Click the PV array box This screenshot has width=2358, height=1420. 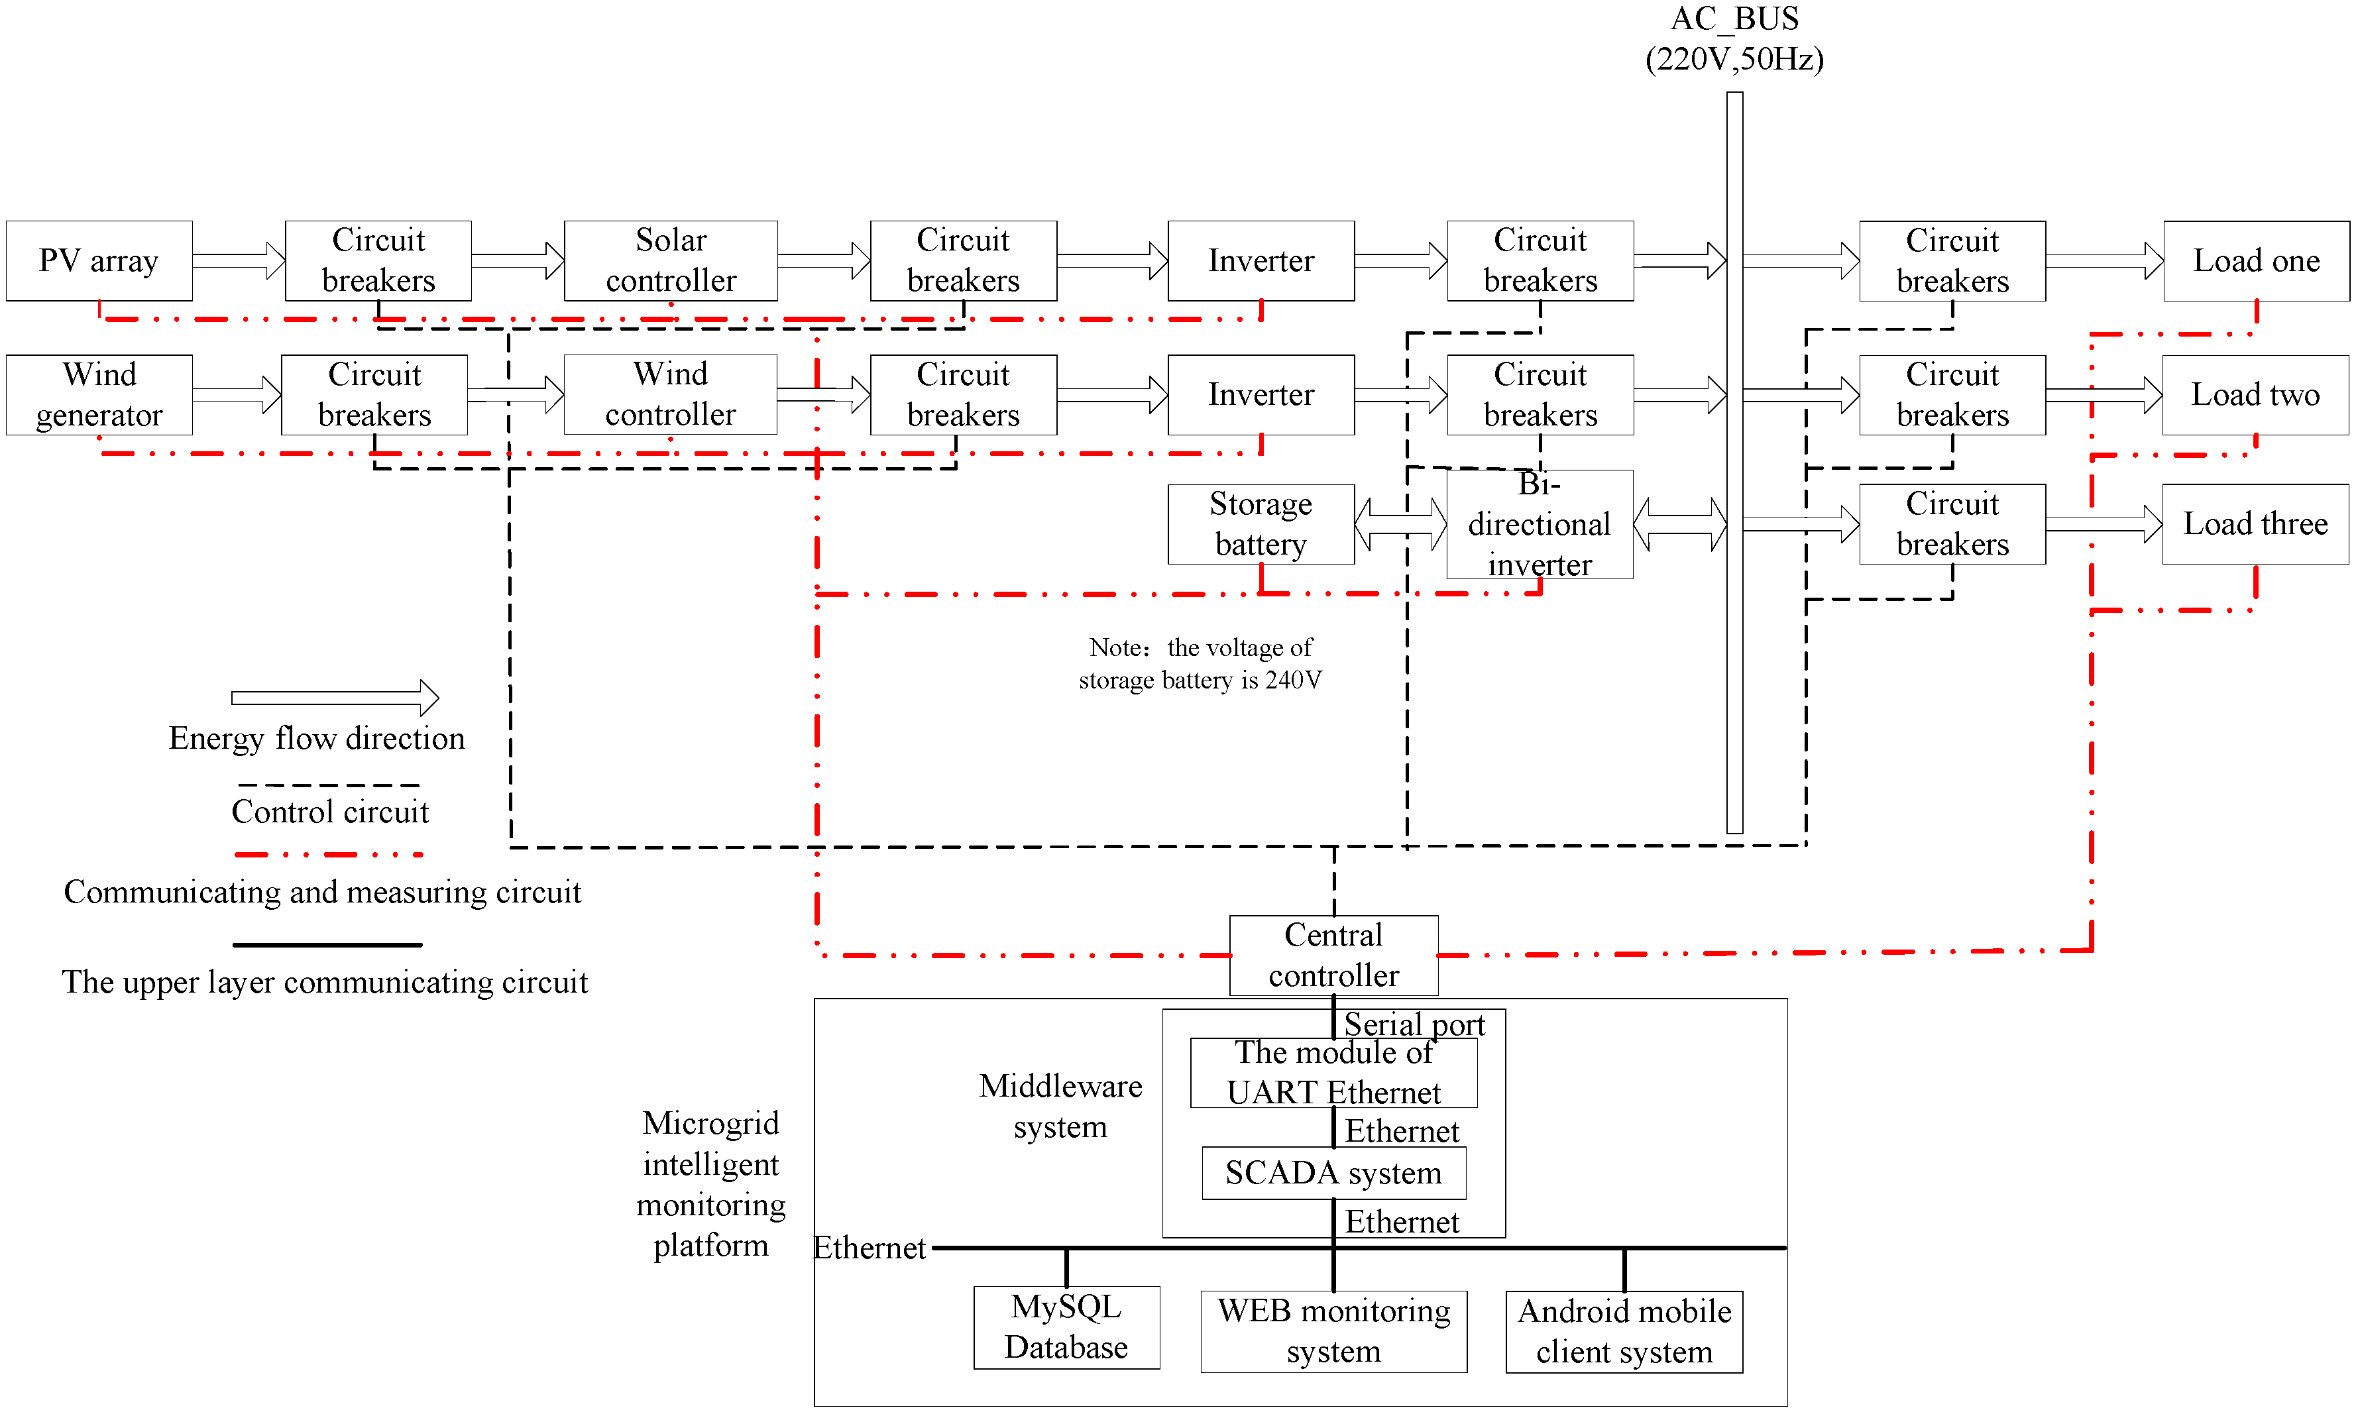[99, 260]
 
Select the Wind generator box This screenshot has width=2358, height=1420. [99, 394]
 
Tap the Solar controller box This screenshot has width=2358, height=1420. [670, 260]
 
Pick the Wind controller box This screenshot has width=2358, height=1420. [670, 394]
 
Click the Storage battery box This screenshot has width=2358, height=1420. [1261, 523]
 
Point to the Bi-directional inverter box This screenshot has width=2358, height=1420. [1539, 524]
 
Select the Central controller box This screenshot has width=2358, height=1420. [1333, 955]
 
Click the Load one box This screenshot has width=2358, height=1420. [2255, 260]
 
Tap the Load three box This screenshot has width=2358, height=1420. [2255, 523]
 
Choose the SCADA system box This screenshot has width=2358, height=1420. [1333, 1172]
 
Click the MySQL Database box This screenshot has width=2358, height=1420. [1066, 1327]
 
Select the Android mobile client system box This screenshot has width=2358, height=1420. [1624, 1331]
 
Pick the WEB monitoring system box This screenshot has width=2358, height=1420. [1333, 1331]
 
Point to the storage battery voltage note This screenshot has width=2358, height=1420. [1200, 663]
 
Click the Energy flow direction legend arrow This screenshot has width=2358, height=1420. [335, 698]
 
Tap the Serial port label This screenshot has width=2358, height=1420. [1414, 1024]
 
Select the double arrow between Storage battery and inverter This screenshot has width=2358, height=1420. [1400, 523]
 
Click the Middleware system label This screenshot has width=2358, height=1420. [1060, 1106]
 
